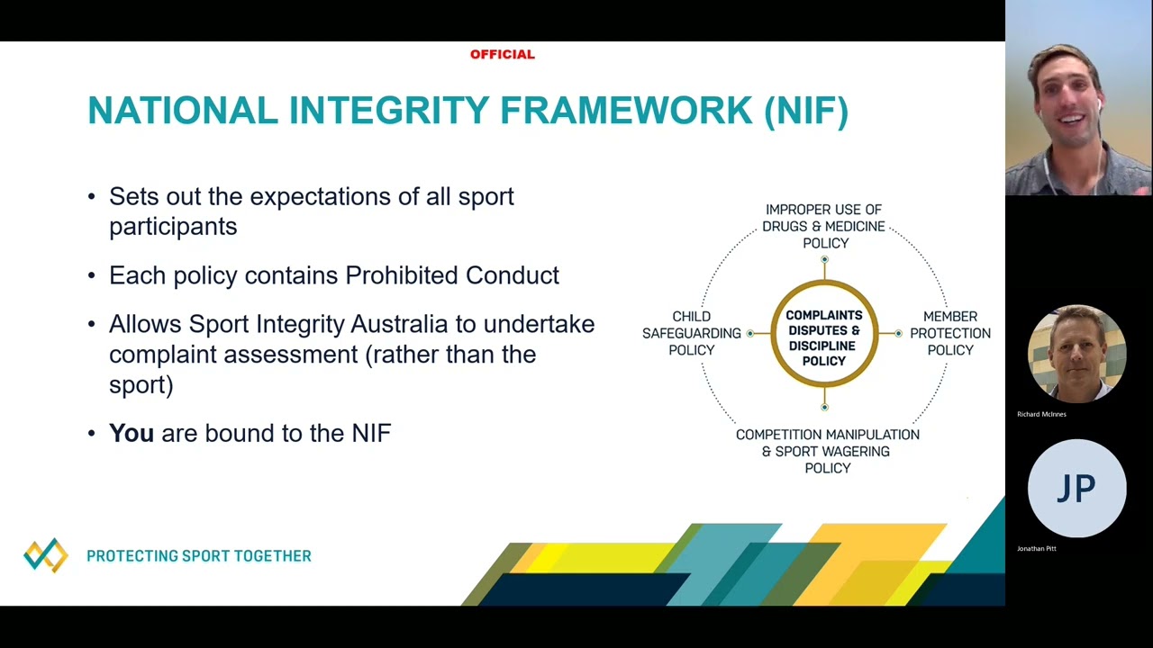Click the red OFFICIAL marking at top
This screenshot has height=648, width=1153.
[x=502, y=55]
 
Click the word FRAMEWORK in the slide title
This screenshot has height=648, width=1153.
[x=626, y=111]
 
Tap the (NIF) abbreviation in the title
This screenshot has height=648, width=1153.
[x=806, y=111]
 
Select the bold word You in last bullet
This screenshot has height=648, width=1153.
[x=132, y=433]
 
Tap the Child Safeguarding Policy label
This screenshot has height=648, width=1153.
[x=691, y=333]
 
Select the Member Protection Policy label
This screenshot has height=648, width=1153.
[x=949, y=333]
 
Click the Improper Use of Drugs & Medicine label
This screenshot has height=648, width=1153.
[x=823, y=226]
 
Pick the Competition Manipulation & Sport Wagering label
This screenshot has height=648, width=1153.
[x=827, y=451]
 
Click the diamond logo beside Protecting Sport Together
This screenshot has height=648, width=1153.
[x=46, y=555]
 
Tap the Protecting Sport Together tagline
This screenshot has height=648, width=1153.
[x=199, y=556]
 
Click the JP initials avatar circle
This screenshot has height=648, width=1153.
[x=1076, y=488]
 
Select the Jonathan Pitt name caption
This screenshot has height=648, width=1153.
[x=1037, y=548]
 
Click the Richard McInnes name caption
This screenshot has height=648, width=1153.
[x=1041, y=414]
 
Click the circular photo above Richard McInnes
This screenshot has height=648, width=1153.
[x=1076, y=354]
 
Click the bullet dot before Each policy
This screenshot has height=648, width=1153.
[x=92, y=275]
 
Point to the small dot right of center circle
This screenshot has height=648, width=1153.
[x=898, y=334]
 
